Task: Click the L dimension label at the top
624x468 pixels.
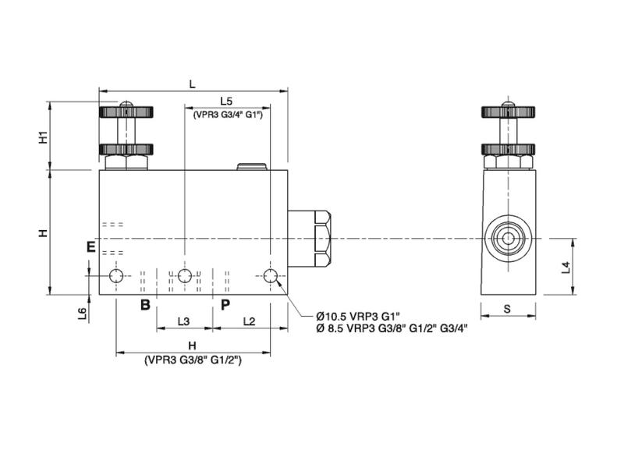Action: (x=193, y=83)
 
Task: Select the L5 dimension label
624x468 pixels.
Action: (x=226, y=101)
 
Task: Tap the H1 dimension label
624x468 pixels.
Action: (x=44, y=136)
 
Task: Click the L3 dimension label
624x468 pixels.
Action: (x=184, y=321)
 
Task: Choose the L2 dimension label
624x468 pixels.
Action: (x=249, y=321)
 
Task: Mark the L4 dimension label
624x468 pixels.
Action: (x=567, y=268)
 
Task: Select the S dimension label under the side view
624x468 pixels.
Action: (x=507, y=309)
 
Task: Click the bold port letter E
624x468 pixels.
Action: (x=91, y=247)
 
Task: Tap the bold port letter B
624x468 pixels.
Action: (x=144, y=304)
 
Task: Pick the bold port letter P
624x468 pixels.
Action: (x=225, y=304)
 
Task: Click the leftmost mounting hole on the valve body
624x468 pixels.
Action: (x=117, y=276)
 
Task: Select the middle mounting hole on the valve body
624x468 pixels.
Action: (x=185, y=276)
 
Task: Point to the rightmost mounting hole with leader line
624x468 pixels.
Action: (x=271, y=276)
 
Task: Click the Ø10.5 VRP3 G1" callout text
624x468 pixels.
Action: (x=357, y=316)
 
